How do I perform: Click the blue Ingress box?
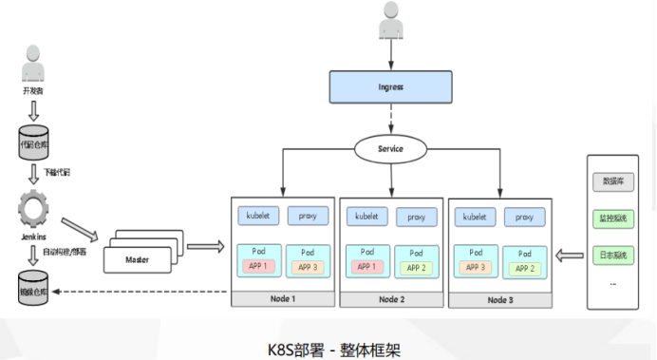390,86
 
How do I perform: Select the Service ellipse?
390,148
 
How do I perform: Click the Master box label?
139,258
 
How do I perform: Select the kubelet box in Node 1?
258,216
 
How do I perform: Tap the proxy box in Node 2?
416,217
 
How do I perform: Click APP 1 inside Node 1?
258,267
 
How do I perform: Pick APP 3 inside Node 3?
475,268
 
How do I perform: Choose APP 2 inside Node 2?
416,268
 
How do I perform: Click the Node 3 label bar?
499,299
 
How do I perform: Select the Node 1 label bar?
284,299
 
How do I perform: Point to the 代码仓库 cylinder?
33,145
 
